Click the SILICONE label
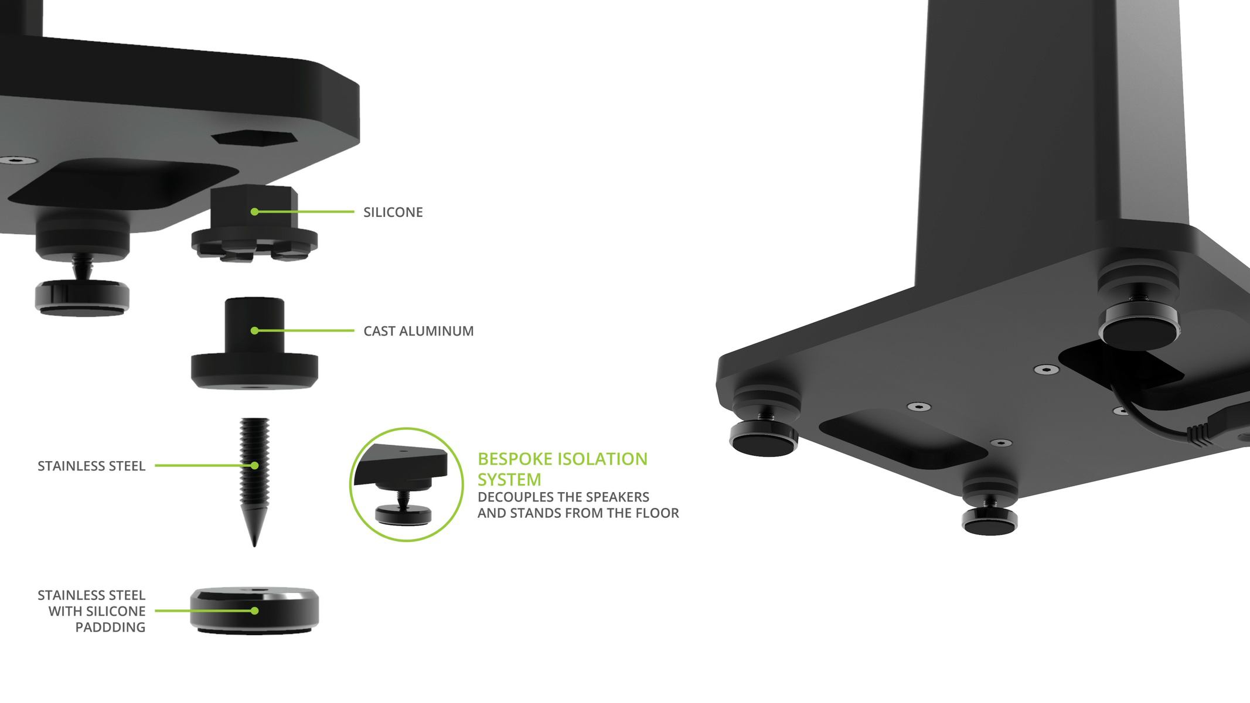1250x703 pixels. (x=393, y=212)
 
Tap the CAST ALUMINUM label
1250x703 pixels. (x=418, y=331)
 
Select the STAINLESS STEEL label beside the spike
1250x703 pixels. (x=91, y=466)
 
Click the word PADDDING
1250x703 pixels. (x=110, y=627)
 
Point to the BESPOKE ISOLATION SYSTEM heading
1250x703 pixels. (x=563, y=469)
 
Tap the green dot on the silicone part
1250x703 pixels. (x=254, y=211)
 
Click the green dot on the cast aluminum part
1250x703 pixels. (x=254, y=331)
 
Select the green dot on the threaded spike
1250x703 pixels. (x=254, y=466)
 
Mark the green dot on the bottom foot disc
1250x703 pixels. (x=254, y=610)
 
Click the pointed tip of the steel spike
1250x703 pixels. (x=254, y=547)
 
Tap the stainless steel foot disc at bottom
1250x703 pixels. (x=254, y=610)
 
